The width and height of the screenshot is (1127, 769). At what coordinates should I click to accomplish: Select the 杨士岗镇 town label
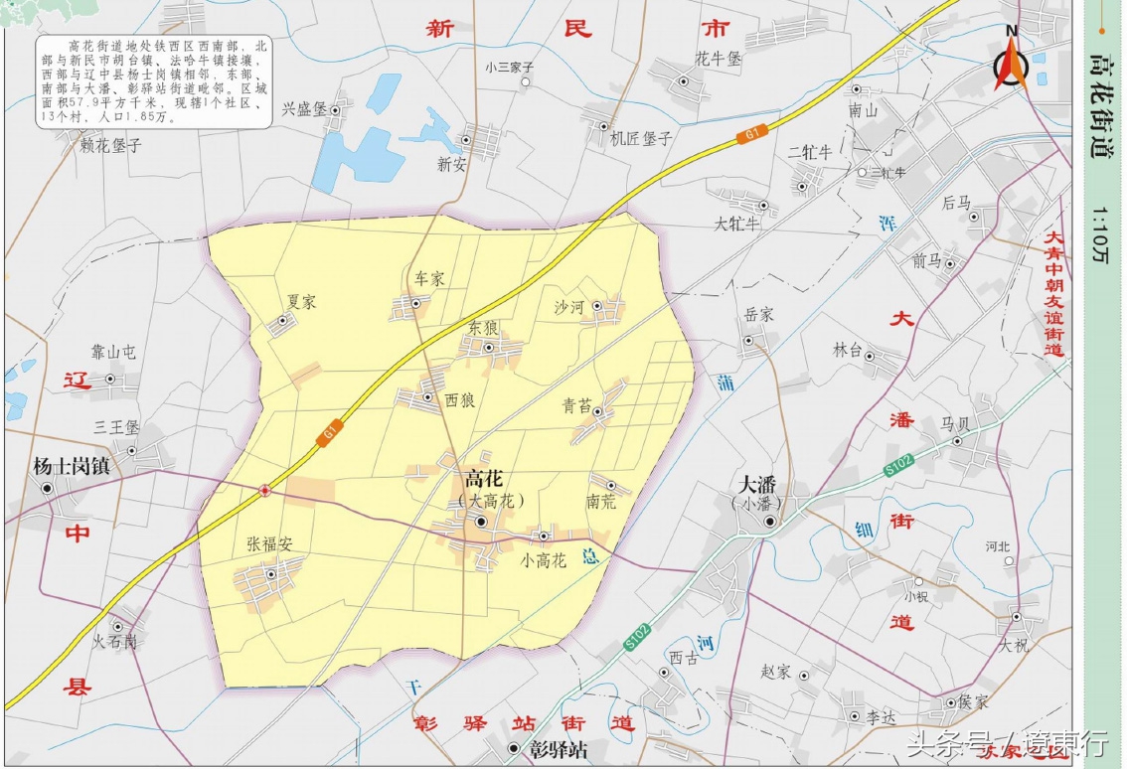[x=70, y=465]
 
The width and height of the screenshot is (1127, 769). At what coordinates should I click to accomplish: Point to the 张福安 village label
[x=269, y=544]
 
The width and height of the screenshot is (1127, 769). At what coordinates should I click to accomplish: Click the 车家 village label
[x=428, y=279]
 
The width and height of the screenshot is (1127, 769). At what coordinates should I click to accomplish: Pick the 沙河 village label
[x=568, y=308]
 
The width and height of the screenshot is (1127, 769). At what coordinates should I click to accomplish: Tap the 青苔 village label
[x=576, y=405]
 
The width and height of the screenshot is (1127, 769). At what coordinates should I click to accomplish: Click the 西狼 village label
[x=459, y=400]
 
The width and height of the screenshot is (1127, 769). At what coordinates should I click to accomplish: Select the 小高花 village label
[x=543, y=560]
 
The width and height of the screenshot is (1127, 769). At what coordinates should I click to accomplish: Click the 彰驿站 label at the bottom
[x=558, y=750]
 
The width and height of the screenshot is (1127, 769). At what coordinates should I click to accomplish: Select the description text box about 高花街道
[x=154, y=81]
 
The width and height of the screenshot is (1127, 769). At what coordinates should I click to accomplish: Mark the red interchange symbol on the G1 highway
[x=265, y=490]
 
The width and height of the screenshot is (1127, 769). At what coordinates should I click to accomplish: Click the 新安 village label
[x=452, y=165]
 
